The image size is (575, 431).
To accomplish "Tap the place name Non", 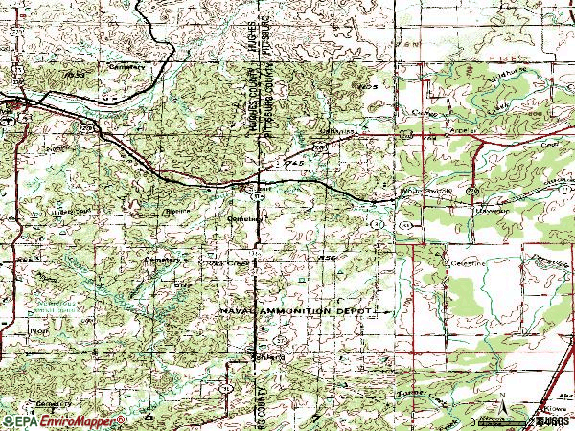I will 13,328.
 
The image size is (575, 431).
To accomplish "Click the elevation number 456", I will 329,257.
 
